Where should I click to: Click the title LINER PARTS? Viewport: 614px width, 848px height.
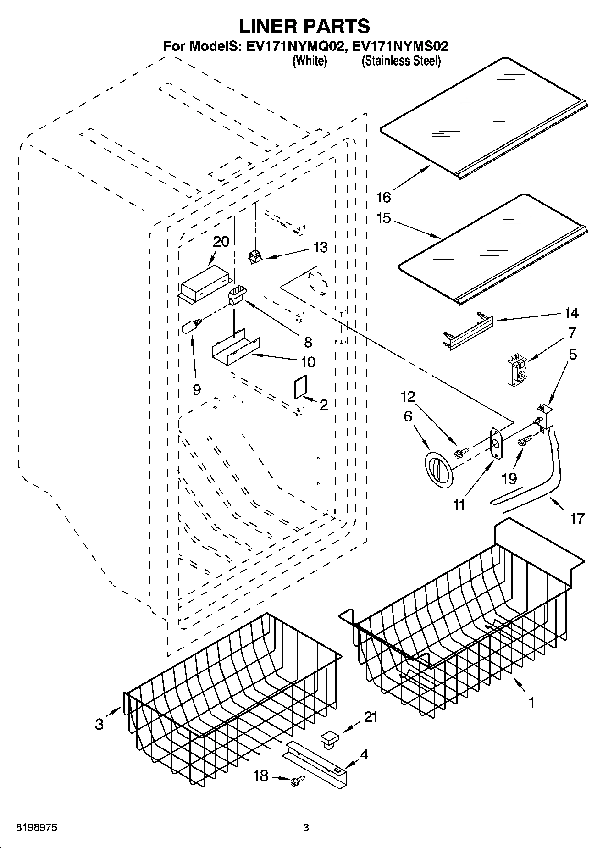(x=304, y=26)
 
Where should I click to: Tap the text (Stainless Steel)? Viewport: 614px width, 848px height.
(x=401, y=61)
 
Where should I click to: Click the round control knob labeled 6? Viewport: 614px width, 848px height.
(x=438, y=470)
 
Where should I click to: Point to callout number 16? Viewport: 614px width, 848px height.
(x=383, y=197)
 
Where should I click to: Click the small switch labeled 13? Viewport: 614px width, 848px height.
(x=254, y=257)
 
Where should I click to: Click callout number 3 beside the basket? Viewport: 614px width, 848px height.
(x=99, y=724)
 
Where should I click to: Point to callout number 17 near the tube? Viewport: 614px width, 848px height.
(x=577, y=518)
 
